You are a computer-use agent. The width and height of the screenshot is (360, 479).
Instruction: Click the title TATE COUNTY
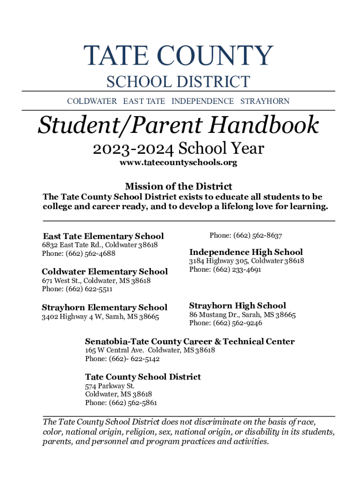[x=178, y=57]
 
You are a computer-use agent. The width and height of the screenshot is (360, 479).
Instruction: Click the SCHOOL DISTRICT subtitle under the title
[x=178, y=82]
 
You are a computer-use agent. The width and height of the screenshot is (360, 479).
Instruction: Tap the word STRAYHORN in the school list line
[x=265, y=101]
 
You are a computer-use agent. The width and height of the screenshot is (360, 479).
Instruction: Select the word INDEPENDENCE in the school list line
[x=202, y=101]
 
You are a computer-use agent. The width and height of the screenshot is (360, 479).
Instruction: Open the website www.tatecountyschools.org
[x=178, y=163]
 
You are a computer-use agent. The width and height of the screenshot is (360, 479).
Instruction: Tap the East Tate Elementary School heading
[x=103, y=236]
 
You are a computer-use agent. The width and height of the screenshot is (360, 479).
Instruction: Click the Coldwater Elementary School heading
[x=105, y=271]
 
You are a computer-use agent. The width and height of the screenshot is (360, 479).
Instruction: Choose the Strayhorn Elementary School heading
[x=104, y=307]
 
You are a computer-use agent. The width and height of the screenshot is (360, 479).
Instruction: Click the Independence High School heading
[x=246, y=252]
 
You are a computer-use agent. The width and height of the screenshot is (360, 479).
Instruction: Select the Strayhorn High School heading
[x=238, y=305]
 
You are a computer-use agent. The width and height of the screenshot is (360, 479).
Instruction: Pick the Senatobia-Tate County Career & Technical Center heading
[x=190, y=341]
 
